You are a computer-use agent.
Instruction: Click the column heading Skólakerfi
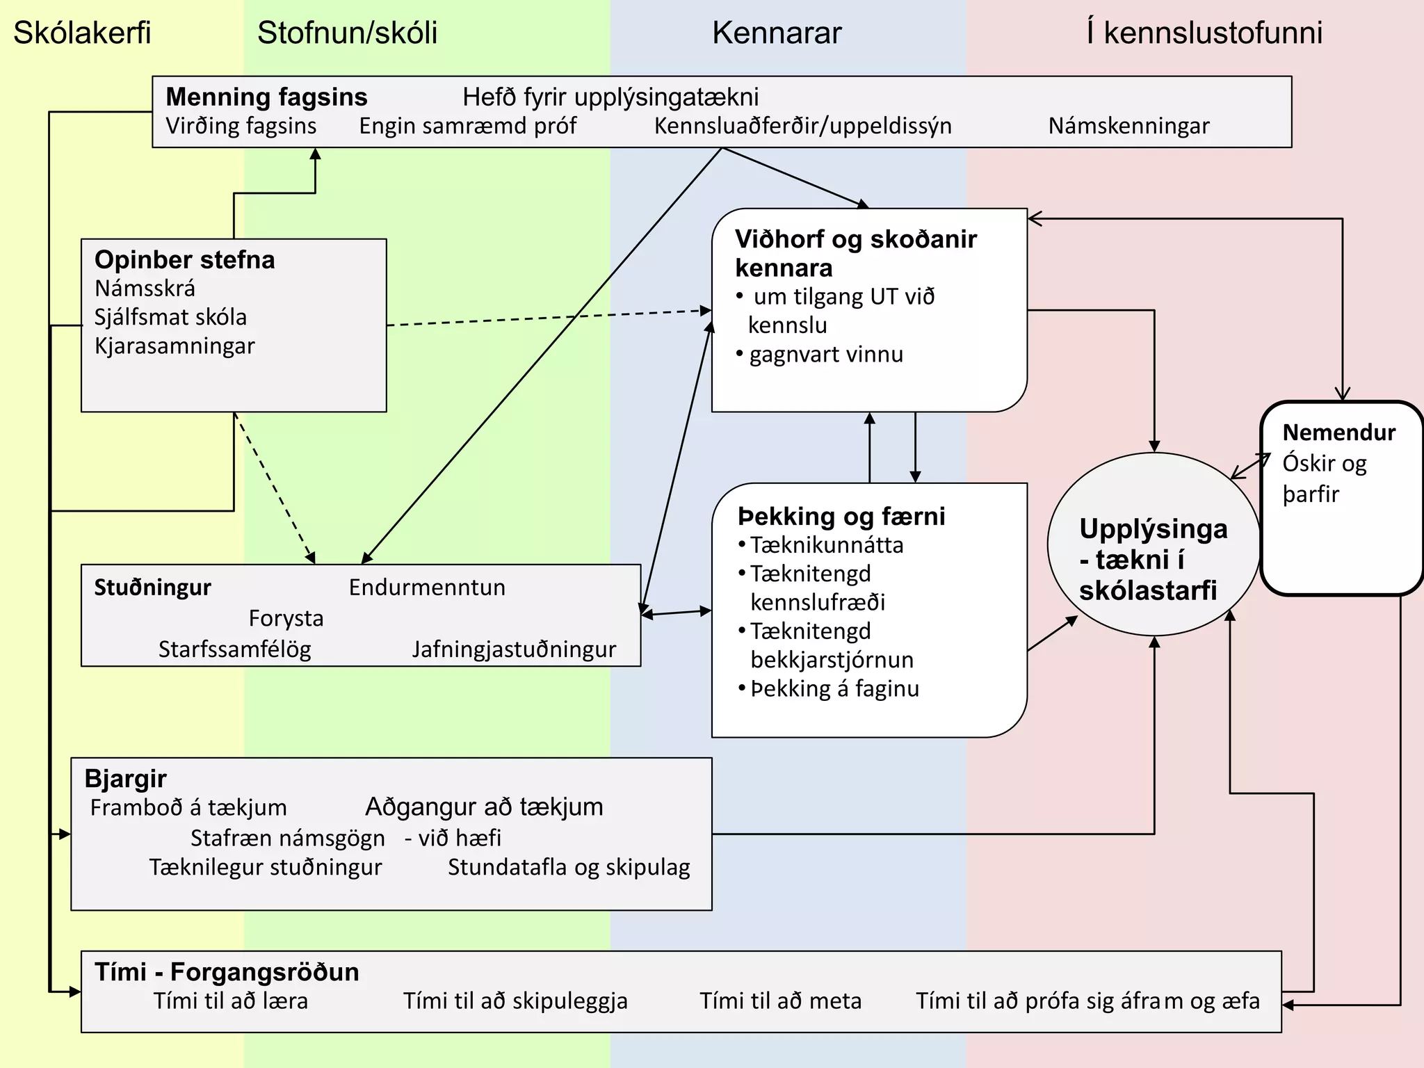pos(82,33)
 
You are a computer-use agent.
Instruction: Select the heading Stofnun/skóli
pos(347,33)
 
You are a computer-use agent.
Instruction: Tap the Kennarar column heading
pos(777,33)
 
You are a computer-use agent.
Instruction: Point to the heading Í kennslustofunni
pos(1204,33)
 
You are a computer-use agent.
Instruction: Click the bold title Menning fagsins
pos(266,97)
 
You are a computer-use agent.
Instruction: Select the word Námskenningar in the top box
pos(1128,126)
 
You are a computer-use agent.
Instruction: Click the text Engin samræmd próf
pos(467,126)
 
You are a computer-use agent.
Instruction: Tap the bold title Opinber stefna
pos(185,259)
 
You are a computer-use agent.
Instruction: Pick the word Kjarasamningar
pos(175,346)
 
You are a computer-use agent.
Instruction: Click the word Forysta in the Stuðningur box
pos(286,618)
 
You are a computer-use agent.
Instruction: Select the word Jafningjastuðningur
pos(514,649)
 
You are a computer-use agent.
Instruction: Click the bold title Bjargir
pos(125,778)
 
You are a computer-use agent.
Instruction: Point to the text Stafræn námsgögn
pos(287,838)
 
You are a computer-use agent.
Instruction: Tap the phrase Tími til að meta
pos(780,1001)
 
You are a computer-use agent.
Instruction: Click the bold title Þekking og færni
pos(841,516)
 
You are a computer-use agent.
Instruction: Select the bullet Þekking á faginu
pos(834,688)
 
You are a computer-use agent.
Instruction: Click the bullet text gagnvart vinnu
pos(826,354)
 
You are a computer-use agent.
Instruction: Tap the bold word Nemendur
pos(1338,432)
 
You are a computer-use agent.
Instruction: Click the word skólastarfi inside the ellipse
pos(1148,590)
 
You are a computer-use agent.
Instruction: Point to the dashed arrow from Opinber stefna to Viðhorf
pos(549,318)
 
